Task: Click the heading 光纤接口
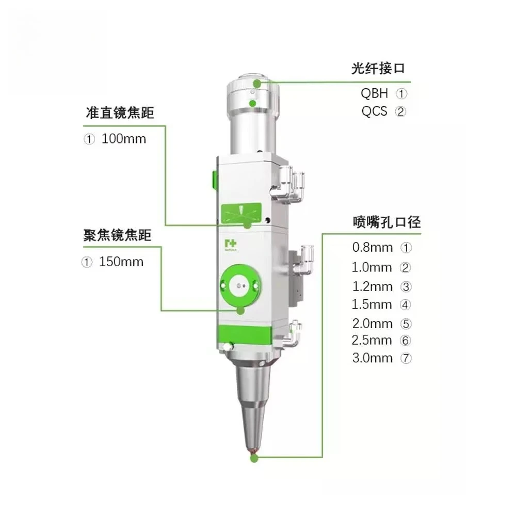378,68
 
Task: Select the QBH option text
374,93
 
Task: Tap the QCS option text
374,111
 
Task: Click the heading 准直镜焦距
120,112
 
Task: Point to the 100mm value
124,139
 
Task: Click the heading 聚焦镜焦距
117,235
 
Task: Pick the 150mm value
121,262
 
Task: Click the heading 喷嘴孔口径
386,222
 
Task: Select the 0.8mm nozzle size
372,248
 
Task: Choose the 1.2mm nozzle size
372,286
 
